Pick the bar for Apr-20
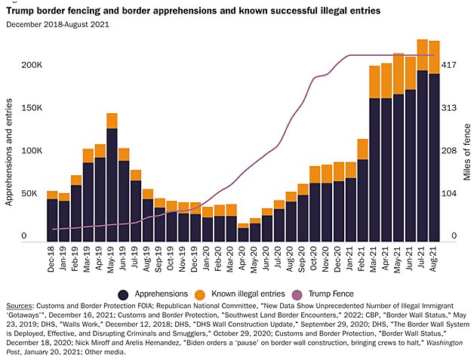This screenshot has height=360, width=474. coord(243,233)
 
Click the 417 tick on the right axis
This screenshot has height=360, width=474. coord(449,65)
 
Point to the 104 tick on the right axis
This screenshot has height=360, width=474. coord(449,194)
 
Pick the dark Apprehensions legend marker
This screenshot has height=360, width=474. coord(123,293)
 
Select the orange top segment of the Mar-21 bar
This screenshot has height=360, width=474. coord(374,82)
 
